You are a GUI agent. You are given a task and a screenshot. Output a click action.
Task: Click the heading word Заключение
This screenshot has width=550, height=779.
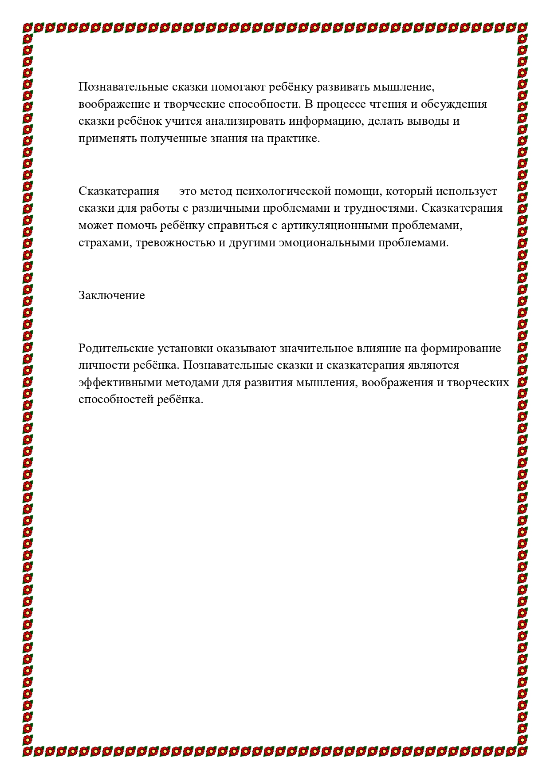point(111,296)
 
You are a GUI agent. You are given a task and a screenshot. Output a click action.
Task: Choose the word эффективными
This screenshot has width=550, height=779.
point(118,383)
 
